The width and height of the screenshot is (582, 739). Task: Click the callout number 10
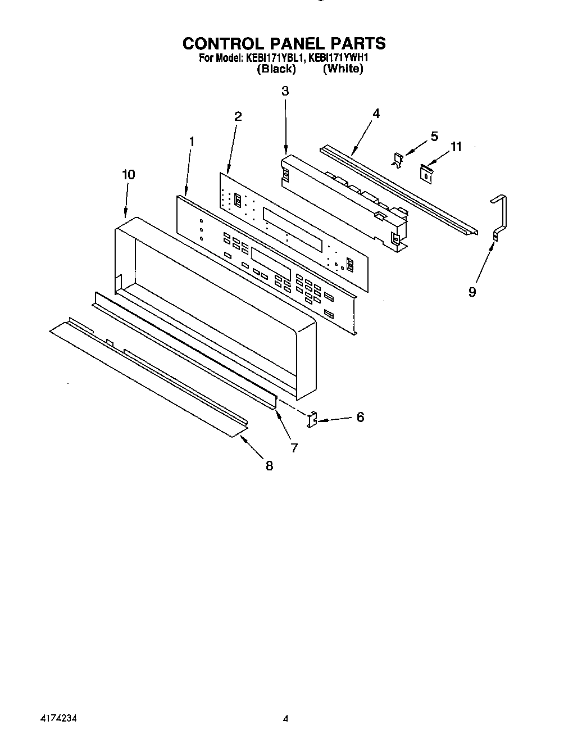[x=128, y=175]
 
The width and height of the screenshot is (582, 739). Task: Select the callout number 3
[x=285, y=91]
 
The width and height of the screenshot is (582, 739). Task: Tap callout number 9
[x=472, y=292]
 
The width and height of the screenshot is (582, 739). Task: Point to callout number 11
[x=456, y=147]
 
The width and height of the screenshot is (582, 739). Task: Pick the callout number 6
[x=360, y=417]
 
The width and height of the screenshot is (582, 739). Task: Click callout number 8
[x=269, y=466]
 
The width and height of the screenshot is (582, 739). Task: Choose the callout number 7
[x=294, y=447]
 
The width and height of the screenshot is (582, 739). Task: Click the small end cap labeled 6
[x=312, y=419]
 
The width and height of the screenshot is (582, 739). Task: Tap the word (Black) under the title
[x=276, y=69]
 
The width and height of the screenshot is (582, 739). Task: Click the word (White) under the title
[x=343, y=69]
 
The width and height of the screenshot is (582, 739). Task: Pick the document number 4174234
[x=58, y=718]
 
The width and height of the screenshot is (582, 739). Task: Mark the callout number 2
[x=238, y=116]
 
